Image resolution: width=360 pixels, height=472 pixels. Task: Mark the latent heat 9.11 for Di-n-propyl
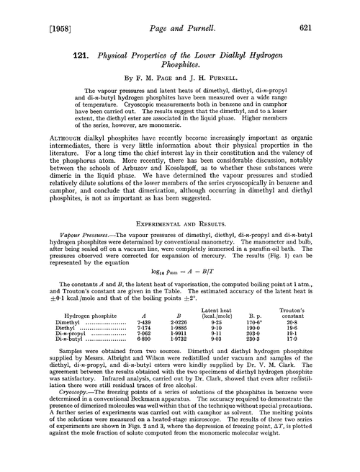pos(232,360)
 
